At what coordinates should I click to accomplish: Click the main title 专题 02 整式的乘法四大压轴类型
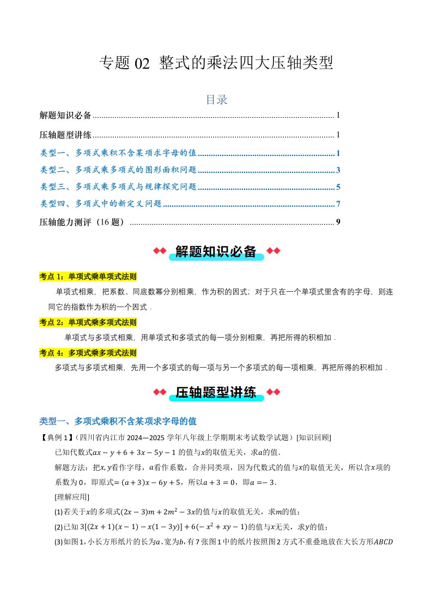point(216,63)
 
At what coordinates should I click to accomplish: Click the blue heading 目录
point(216,100)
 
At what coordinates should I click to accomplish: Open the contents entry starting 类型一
point(118,153)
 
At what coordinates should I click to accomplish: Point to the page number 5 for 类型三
point(338,187)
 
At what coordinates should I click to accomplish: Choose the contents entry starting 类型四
point(101,204)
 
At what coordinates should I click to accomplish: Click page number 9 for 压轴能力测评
point(338,222)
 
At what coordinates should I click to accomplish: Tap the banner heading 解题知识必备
point(216,251)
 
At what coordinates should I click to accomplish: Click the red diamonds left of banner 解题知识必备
point(159,251)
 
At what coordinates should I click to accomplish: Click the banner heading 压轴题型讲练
point(216,393)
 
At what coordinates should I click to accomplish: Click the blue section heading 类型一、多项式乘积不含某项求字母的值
point(118,421)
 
